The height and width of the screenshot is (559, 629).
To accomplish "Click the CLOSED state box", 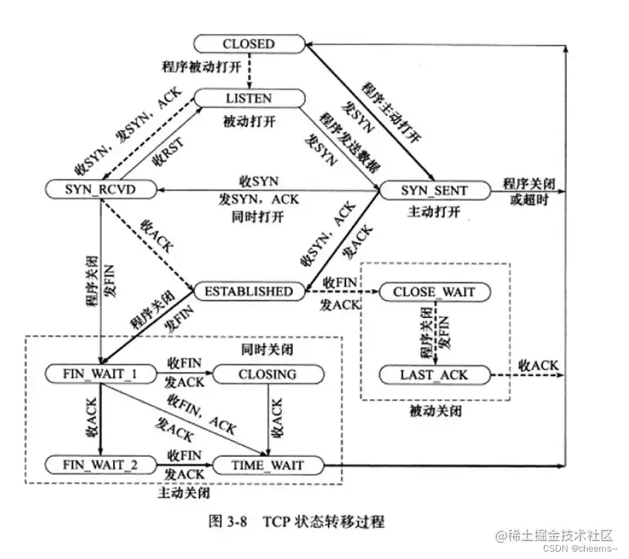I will pos(249,44).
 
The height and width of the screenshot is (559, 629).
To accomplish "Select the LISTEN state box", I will pos(249,98).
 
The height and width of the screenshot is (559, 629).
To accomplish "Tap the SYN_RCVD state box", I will pos(101,190).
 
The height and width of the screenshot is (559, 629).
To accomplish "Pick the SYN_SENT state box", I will pos(434,190).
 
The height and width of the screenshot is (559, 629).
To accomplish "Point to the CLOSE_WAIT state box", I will pos(434,292).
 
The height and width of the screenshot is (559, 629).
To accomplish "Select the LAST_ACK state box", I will pos(434,375).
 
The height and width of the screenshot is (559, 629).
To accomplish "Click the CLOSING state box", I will pos(266,375).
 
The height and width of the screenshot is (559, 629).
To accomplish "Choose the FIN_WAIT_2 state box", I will pos(101,465).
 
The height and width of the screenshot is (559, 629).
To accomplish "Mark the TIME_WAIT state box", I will pos(268,465).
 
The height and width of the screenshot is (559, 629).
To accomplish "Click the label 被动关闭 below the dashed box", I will pos(435,411).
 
